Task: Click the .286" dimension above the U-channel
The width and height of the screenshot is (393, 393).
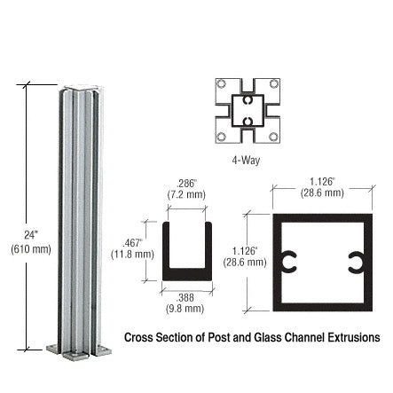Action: click(x=185, y=183)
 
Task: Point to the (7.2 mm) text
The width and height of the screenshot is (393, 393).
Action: click(x=186, y=194)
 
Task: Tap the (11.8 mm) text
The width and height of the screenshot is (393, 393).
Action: click(x=133, y=253)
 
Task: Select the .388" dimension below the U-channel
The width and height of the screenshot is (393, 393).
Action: click(x=185, y=297)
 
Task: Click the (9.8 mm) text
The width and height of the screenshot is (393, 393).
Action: click(x=185, y=309)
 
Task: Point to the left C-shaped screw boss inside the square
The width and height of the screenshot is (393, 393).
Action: click(x=288, y=262)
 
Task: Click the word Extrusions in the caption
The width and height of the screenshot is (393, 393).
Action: click(x=353, y=337)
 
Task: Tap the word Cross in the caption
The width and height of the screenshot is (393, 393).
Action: click(x=140, y=337)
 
